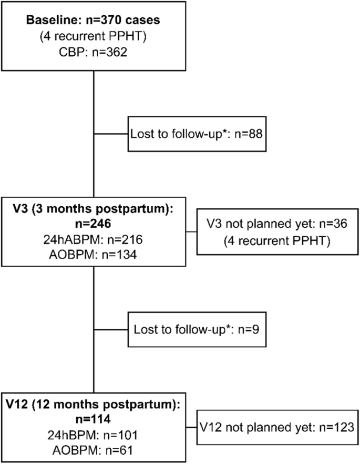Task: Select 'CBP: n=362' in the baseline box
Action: [93, 53]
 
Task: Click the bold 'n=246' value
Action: [93, 223]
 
